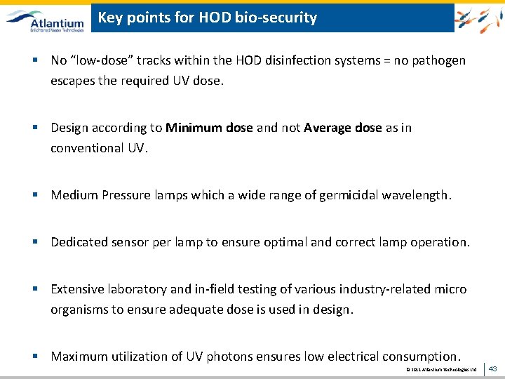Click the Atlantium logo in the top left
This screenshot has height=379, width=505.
(46, 19)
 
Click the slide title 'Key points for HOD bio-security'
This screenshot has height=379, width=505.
(208, 18)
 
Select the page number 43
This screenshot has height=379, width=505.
(492, 368)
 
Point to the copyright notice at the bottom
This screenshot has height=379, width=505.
(441, 369)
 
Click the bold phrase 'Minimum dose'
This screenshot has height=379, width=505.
(209, 128)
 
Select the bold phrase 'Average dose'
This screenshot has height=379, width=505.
(343, 128)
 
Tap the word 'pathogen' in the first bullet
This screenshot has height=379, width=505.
(440, 60)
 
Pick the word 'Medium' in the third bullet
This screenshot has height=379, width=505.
(73, 195)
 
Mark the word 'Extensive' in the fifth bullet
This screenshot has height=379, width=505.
(78, 289)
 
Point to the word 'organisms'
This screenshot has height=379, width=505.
(79, 310)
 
